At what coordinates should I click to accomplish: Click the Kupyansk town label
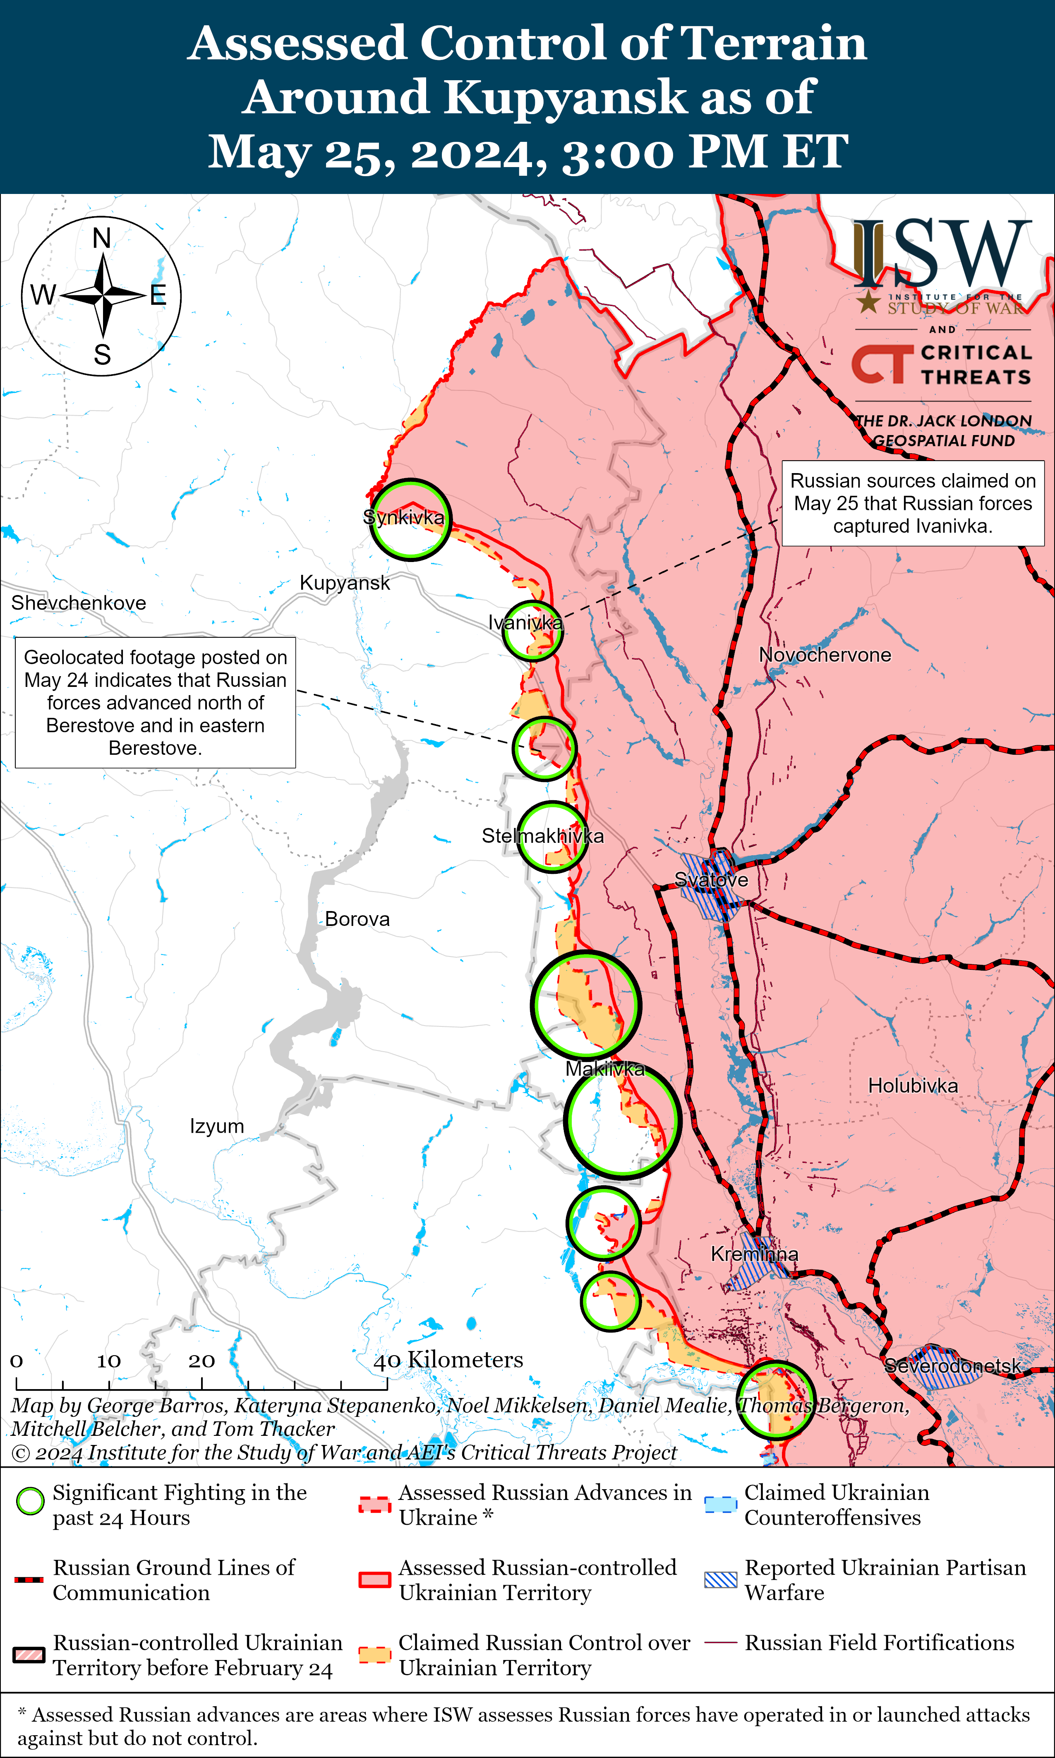click(345, 583)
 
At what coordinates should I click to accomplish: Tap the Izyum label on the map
click(217, 1126)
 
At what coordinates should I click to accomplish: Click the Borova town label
click(357, 919)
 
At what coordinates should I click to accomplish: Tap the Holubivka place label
click(913, 1086)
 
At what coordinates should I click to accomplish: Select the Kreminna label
click(754, 1254)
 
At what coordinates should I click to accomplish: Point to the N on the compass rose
click(102, 238)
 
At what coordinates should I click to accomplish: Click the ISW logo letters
click(942, 252)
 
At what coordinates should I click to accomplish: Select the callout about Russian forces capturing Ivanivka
click(913, 503)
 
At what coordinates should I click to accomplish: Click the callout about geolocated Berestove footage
click(155, 702)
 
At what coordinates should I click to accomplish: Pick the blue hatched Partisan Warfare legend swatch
click(720, 1580)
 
